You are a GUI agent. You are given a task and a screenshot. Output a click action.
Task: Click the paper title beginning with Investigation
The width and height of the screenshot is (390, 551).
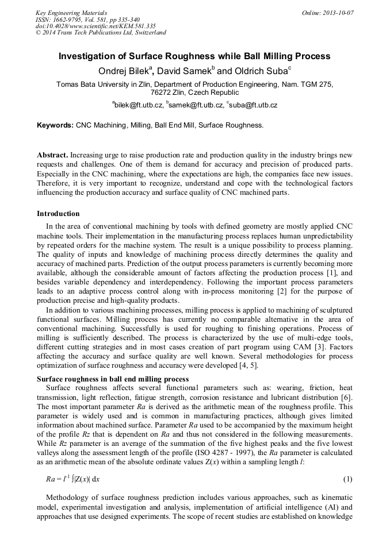pos(194,56)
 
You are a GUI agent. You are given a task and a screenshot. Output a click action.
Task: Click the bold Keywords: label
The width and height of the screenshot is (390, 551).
pos(55,125)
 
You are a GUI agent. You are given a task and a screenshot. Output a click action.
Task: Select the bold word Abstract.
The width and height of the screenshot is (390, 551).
pos(52,156)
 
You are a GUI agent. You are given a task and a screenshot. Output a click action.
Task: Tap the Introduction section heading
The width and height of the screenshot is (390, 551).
pos(58,214)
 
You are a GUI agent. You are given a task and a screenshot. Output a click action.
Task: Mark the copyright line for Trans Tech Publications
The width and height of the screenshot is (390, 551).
pos(101,33)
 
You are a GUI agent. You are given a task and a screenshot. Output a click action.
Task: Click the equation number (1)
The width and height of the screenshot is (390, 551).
pos(347,479)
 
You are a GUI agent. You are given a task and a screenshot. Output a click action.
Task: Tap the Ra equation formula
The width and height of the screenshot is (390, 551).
pos(72,479)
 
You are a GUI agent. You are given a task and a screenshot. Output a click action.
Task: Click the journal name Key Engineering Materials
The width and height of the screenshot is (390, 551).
pos(71,13)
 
